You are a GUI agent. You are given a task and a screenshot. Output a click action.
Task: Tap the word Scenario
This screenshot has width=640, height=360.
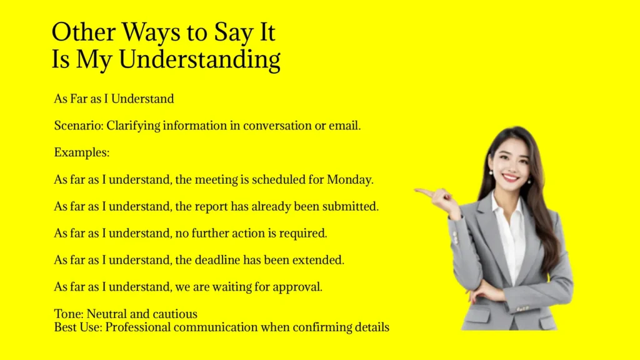coord(77,126)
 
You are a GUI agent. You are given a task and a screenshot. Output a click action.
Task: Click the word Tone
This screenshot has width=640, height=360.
coord(67,314)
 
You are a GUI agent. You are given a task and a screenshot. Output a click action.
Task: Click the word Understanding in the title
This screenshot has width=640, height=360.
coord(199,60)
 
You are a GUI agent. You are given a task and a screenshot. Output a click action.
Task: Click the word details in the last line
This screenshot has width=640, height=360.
coord(371,327)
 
